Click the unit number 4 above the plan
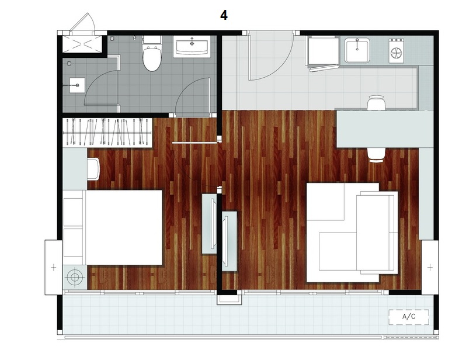click(224, 15)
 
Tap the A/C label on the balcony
click(409, 317)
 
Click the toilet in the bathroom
click(152, 54)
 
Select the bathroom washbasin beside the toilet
click(192, 47)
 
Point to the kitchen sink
click(357, 51)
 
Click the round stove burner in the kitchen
click(396, 53)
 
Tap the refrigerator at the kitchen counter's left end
click(322, 52)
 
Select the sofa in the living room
click(352, 233)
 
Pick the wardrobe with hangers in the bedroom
click(107, 132)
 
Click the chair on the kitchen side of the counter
click(377, 102)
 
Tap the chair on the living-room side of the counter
click(377, 155)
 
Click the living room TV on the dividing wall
click(229, 241)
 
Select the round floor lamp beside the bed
click(75, 277)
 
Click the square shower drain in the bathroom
click(77, 85)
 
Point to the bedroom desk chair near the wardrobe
click(93, 169)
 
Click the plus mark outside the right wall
click(430, 267)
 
